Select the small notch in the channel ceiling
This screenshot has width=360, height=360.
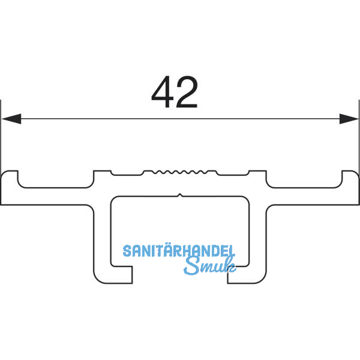pos(180,195)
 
